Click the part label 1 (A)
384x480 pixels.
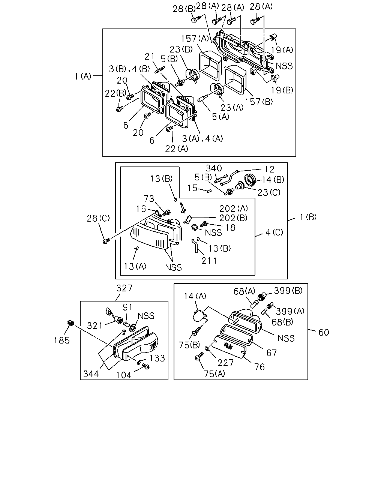click(x=83, y=76)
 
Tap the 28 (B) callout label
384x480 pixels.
click(x=184, y=9)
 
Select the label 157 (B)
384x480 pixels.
click(x=259, y=102)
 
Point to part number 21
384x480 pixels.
click(x=149, y=56)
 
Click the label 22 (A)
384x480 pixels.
click(x=177, y=148)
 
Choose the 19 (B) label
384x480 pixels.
click(x=282, y=90)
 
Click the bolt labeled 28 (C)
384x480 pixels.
click(x=106, y=241)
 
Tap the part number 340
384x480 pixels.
click(x=214, y=168)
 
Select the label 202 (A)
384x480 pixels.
click(x=234, y=208)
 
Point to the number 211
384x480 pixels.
click(x=209, y=261)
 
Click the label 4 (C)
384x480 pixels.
click(x=274, y=232)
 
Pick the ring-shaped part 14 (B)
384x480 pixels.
click(x=250, y=180)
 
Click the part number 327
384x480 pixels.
click(x=124, y=288)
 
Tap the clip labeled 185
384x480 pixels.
click(x=70, y=323)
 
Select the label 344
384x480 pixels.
click(x=91, y=373)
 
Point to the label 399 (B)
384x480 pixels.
click(x=288, y=290)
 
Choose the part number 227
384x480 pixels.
click(x=225, y=363)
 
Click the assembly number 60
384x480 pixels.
click(x=324, y=332)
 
